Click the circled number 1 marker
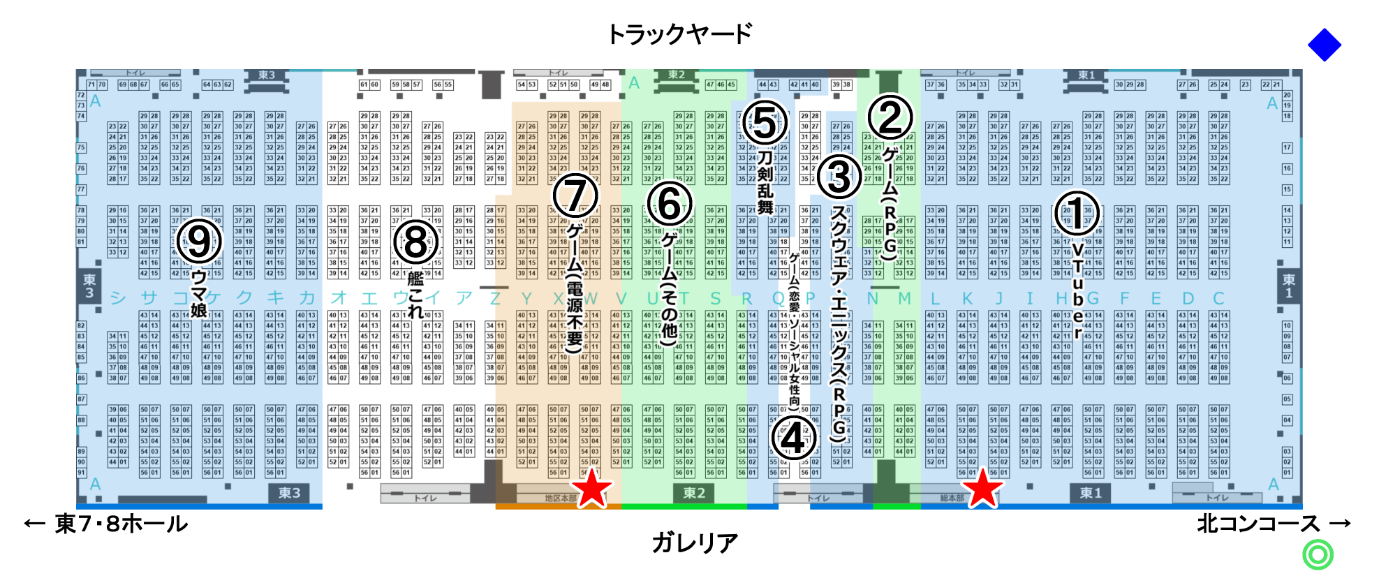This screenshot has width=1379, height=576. click(x=1076, y=214)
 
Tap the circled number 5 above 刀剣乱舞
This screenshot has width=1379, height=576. click(x=764, y=123)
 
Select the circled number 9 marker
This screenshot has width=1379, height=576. click(x=199, y=242)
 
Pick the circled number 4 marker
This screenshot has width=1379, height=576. click(x=793, y=438)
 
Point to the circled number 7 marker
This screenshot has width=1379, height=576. click(x=575, y=196)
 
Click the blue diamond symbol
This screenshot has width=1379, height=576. click(x=1324, y=45)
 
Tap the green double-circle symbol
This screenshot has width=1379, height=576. click(x=1318, y=555)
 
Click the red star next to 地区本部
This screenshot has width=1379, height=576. click(x=591, y=488)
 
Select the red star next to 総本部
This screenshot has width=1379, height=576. click(x=982, y=488)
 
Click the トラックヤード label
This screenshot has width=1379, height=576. click(x=679, y=34)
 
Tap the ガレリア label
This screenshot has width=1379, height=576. click(x=695, y=542)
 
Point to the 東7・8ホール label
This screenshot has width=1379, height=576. click(x=121, y=524)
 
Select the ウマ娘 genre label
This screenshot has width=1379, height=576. click(x=199, y=293)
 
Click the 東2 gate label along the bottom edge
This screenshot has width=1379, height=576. click(x=694, y=493)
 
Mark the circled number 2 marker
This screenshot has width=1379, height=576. click(x=890, y=117)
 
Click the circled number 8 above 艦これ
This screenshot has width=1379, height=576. click(x=415, y=243)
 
